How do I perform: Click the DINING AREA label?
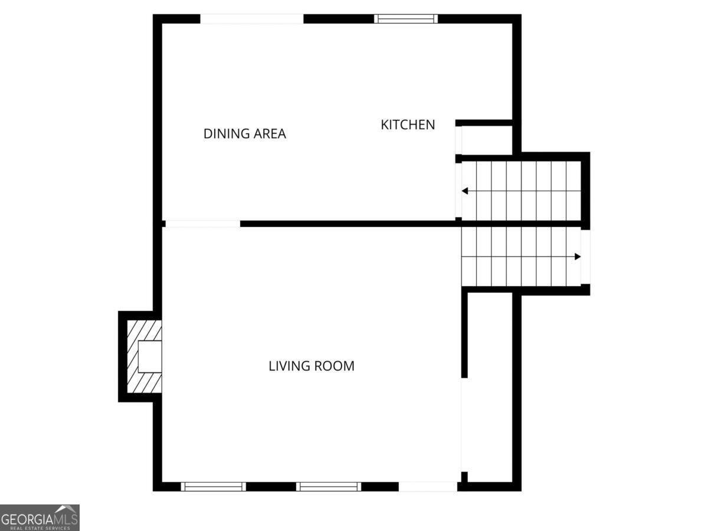pos(244,133)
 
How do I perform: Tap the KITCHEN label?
pos(408,124)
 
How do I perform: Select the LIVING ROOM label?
pos(312,366)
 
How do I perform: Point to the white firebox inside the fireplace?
pos(149,356)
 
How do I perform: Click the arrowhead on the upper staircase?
pos(465,191)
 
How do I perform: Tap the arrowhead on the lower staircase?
pos(578,257)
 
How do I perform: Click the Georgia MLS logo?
pos(40,517)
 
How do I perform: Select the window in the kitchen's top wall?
pos(406,19)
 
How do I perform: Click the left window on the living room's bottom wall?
pos(213,487)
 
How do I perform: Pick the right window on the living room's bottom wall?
pos(328,487)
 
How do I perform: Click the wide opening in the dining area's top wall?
pos(252,19)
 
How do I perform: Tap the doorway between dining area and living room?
pos(202,224)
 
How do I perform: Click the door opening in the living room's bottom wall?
pos(428,487)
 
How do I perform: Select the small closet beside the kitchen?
pos(486,140)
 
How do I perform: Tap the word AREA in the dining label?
pos(270,133)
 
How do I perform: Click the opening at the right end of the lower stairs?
pos(585,257)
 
